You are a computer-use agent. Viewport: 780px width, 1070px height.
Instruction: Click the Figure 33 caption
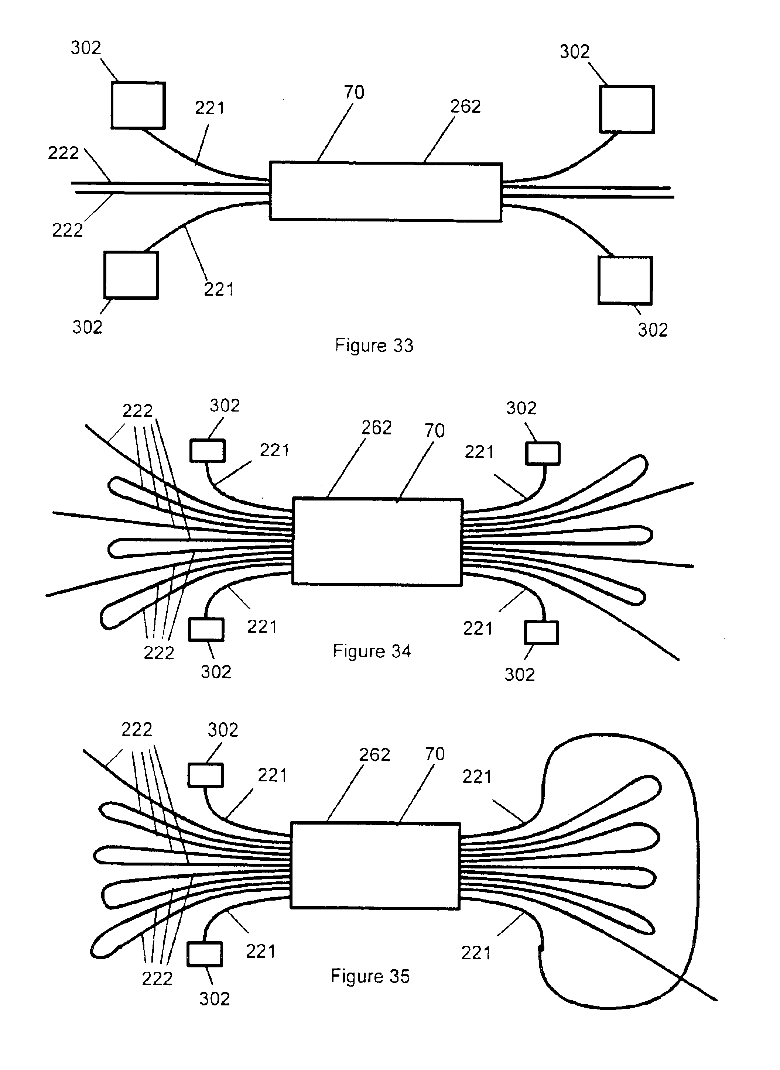374,346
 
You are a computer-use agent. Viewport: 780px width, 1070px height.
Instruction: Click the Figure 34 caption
372,651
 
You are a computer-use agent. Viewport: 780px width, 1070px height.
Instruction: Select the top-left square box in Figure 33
138,105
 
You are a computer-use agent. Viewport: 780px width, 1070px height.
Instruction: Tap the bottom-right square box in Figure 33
625,280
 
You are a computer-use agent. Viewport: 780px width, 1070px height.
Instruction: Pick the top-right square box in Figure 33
627,109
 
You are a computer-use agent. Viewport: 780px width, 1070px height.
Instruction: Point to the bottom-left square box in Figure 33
131,275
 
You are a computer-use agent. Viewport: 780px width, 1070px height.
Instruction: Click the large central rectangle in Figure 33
386,192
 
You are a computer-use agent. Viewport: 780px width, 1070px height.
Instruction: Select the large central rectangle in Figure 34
377,541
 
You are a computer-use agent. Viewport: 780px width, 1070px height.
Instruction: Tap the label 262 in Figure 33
466,107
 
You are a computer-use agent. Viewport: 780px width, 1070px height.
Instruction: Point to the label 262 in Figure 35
374,755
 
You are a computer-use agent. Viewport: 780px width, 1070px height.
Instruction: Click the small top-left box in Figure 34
208,451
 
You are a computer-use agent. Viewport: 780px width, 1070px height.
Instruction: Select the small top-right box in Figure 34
543,453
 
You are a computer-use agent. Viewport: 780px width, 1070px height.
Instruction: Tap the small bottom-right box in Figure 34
541,633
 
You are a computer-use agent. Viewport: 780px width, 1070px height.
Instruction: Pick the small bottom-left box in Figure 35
205,954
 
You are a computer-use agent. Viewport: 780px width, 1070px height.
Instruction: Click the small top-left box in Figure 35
206,775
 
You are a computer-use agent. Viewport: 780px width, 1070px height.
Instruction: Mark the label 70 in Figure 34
434,431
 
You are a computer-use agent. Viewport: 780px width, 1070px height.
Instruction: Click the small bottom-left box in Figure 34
206,630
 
